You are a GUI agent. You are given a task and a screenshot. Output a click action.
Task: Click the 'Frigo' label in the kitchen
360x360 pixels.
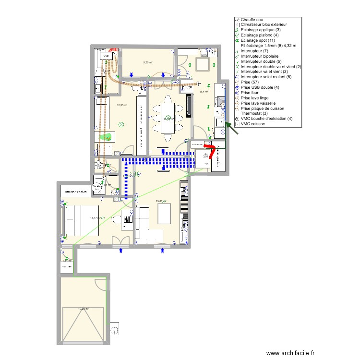(x=187, y=88)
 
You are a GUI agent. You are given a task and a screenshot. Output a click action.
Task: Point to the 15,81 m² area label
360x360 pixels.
(x=161, y=202)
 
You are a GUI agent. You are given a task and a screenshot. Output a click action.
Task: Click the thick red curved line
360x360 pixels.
(x=209, y=150)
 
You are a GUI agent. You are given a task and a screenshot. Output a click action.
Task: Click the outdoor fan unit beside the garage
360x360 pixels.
(x=115, y=329)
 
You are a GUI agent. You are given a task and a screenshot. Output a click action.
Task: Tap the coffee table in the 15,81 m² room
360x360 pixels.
(x=164, y=214)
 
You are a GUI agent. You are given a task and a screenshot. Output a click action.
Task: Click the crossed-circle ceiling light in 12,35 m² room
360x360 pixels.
(x=121, y=125)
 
